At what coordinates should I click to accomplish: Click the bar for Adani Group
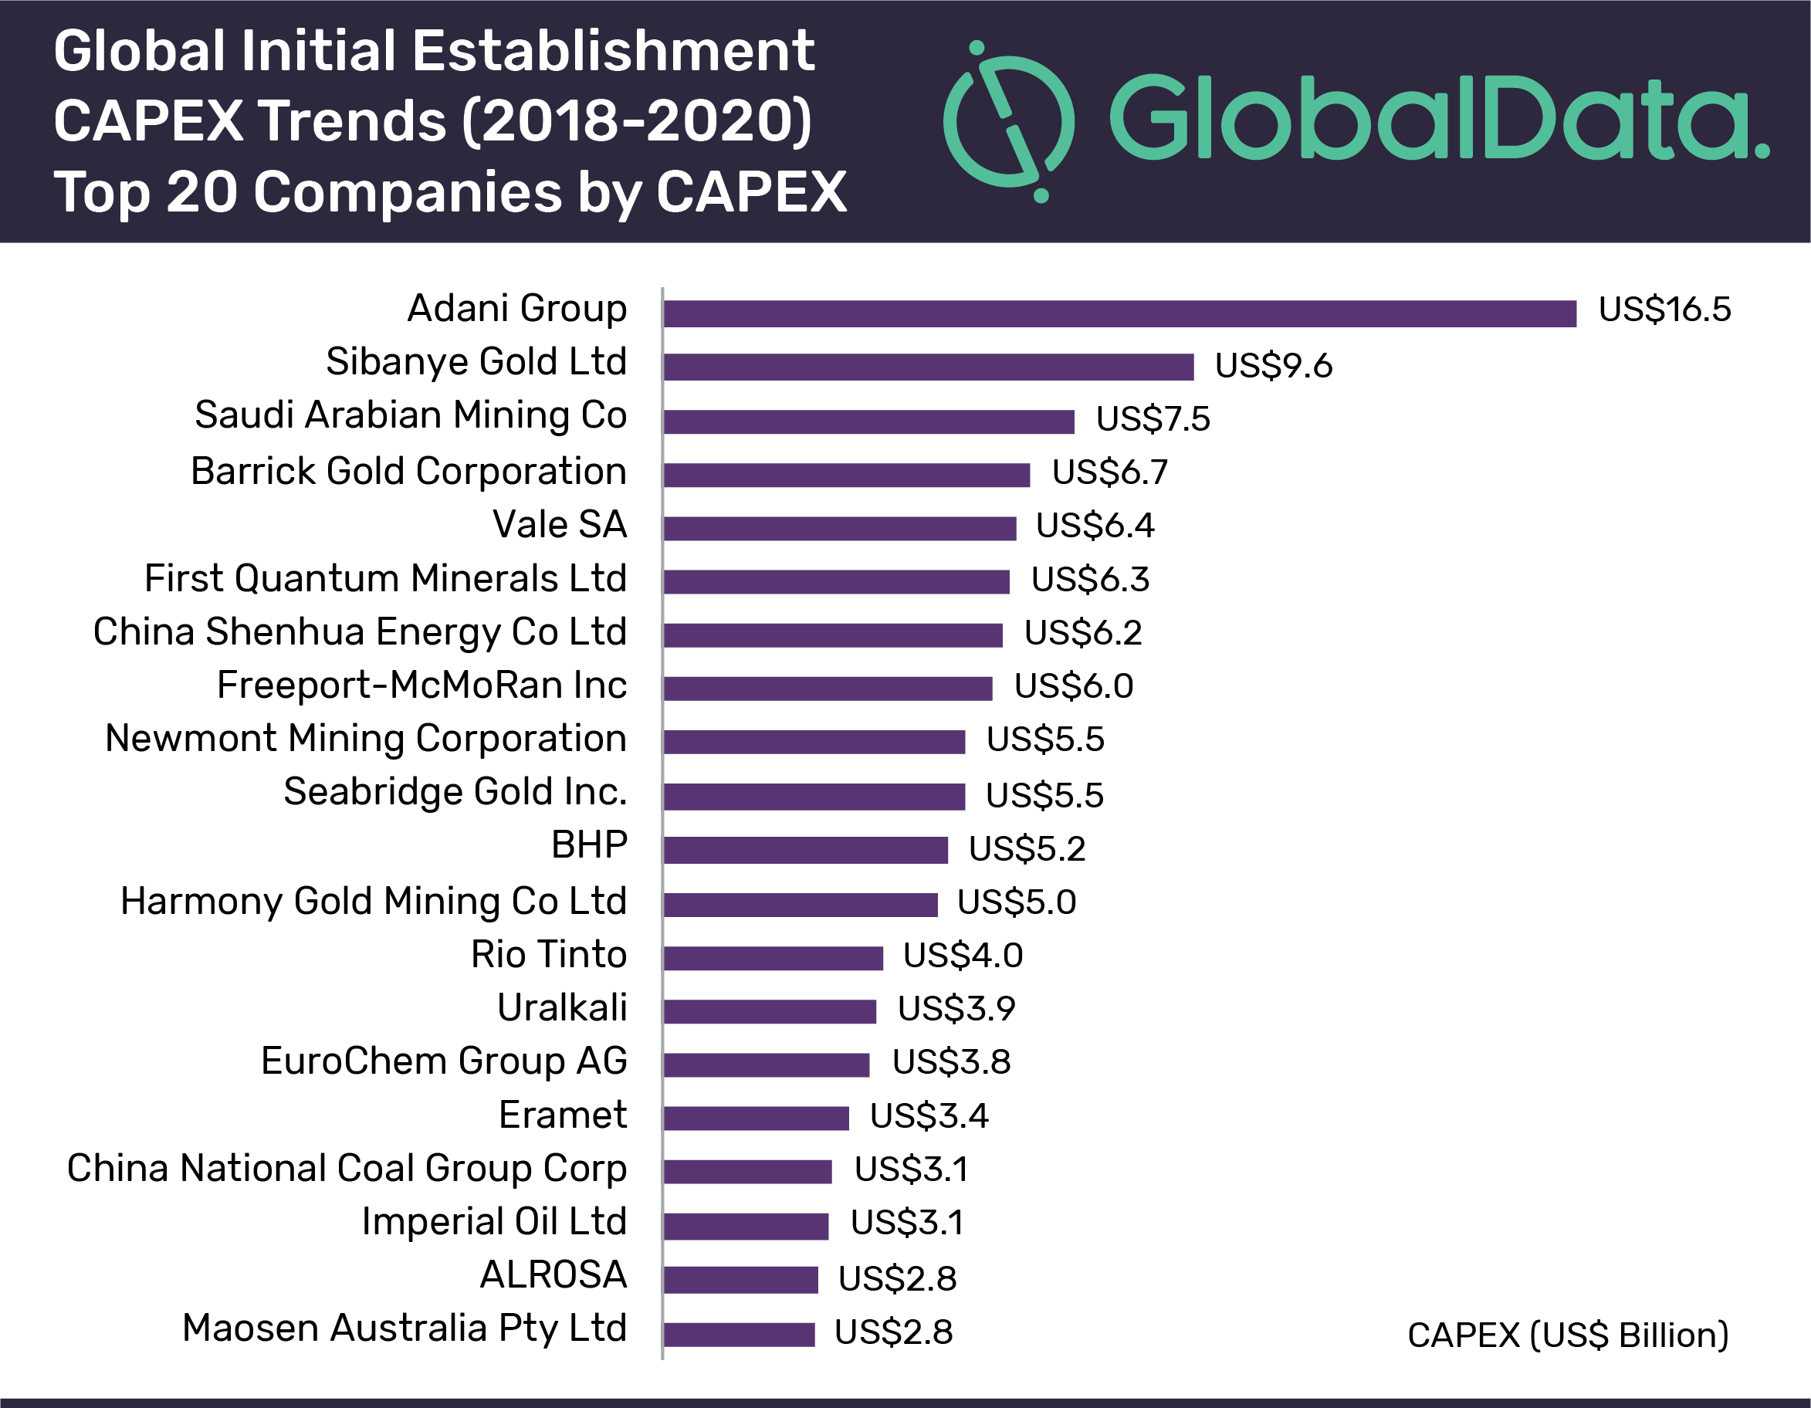(1119, 313)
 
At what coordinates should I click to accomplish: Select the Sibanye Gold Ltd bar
(929, 367)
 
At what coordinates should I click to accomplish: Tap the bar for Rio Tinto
(773, 958)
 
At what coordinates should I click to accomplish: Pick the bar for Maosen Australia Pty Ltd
(739, 1334)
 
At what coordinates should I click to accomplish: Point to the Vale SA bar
(839, 528)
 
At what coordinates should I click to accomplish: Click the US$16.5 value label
(1664, 310)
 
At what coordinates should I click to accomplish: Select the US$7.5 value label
(1153, 418)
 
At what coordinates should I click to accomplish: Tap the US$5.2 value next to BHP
(1027, 848)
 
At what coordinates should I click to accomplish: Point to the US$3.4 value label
(929, 1115)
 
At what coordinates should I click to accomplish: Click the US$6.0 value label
(1073, 685)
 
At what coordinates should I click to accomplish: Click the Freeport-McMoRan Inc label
(421, 685)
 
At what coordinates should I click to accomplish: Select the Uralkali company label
(562, 1007)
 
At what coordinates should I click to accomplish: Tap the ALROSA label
(553, 1274)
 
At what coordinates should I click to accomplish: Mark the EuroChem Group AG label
(444, 1061)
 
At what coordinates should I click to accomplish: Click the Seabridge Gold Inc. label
(455, 792)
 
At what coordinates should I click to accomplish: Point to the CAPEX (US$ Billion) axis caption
(1567, 1335)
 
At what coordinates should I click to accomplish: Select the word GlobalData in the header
(1439, 119)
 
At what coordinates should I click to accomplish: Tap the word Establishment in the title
(614, 52)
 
